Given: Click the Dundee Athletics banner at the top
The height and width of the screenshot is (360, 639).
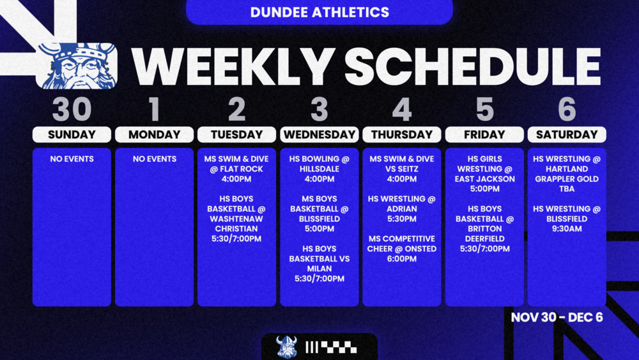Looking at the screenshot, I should pos(319,12).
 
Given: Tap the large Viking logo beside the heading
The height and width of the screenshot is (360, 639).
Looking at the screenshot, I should pos(77,66).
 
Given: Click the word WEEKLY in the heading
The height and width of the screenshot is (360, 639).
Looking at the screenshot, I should pos(233,66).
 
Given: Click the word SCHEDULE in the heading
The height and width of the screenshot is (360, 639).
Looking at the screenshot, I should pos(473,66).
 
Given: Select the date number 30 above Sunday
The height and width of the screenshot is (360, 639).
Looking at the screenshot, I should pos(72,110).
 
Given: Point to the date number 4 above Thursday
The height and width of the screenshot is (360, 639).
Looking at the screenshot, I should pos(401,110).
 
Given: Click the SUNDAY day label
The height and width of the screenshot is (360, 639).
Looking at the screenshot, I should pos(72,135).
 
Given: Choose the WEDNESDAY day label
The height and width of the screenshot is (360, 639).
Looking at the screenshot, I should pos(319,135).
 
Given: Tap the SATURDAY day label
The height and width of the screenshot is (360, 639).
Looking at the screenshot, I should pos(566,135).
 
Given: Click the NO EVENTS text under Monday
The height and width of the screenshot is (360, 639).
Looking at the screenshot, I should pos(154,159).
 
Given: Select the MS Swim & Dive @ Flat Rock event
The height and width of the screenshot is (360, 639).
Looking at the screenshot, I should pos(236,169).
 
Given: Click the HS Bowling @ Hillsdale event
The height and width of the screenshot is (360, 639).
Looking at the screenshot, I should pos(319,169).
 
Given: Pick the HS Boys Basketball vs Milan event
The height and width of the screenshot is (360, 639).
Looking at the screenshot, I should pos(319,263).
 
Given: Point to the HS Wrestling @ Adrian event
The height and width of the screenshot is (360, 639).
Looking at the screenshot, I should pos(401,208).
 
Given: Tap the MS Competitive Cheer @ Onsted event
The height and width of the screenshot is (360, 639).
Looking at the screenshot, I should pos(401,249).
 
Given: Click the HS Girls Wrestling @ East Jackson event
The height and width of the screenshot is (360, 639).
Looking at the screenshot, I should pos(484,174).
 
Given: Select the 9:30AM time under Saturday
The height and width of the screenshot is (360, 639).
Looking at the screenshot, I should pos(566,229).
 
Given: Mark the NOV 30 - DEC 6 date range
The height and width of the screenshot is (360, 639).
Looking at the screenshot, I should pos(557,317).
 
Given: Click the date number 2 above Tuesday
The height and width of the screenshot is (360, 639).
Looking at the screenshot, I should pos(236,110).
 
